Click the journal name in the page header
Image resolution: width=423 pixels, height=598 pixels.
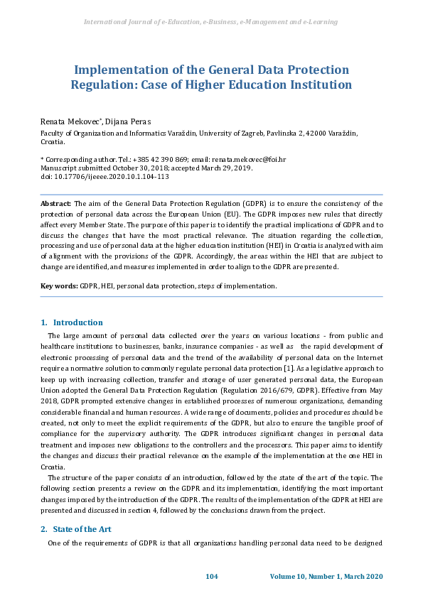click(x=210, y=22)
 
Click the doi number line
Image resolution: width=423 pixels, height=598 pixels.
click(x=105, y=177)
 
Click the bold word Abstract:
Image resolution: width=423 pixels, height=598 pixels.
click(x=56, y=204)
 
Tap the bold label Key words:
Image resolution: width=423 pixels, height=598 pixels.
click(x=58, y=286)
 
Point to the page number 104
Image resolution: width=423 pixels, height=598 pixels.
click(x=211, y=575)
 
